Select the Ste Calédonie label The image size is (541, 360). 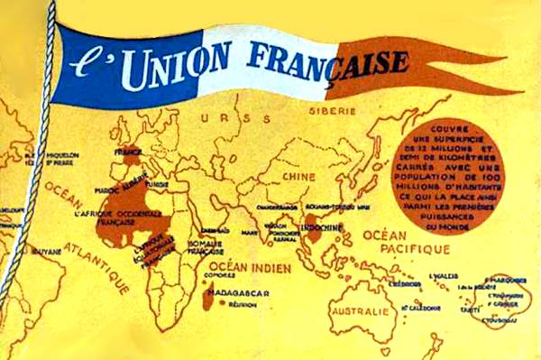coord(421,307)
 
